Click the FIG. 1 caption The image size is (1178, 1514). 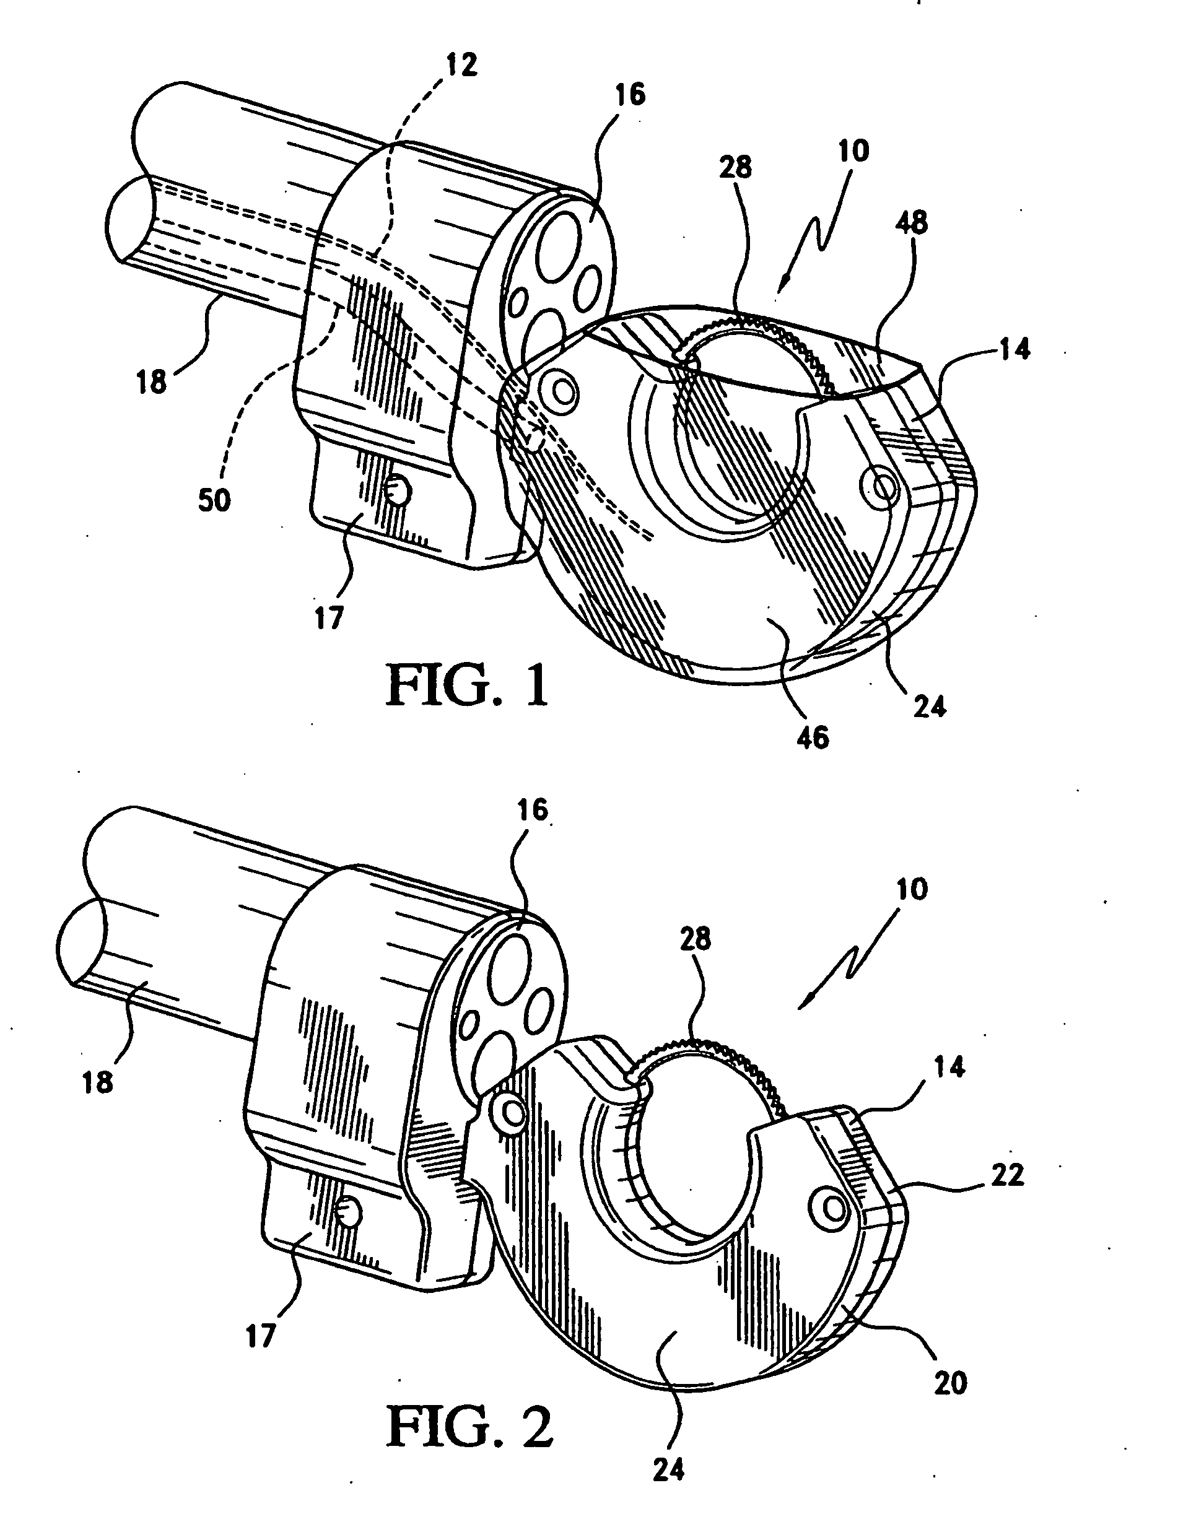[x=468, y=684]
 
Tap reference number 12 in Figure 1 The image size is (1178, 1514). [x=461, y=65]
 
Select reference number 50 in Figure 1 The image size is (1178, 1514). [x=214, y=500]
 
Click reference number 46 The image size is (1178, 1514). [x=813, y=738]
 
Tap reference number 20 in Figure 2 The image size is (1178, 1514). [x=950, y=1365]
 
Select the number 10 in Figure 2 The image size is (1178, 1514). [x=911, y=889]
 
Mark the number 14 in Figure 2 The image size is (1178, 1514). [x=949, y=1068]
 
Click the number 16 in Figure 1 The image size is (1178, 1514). [x=629, y=94]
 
